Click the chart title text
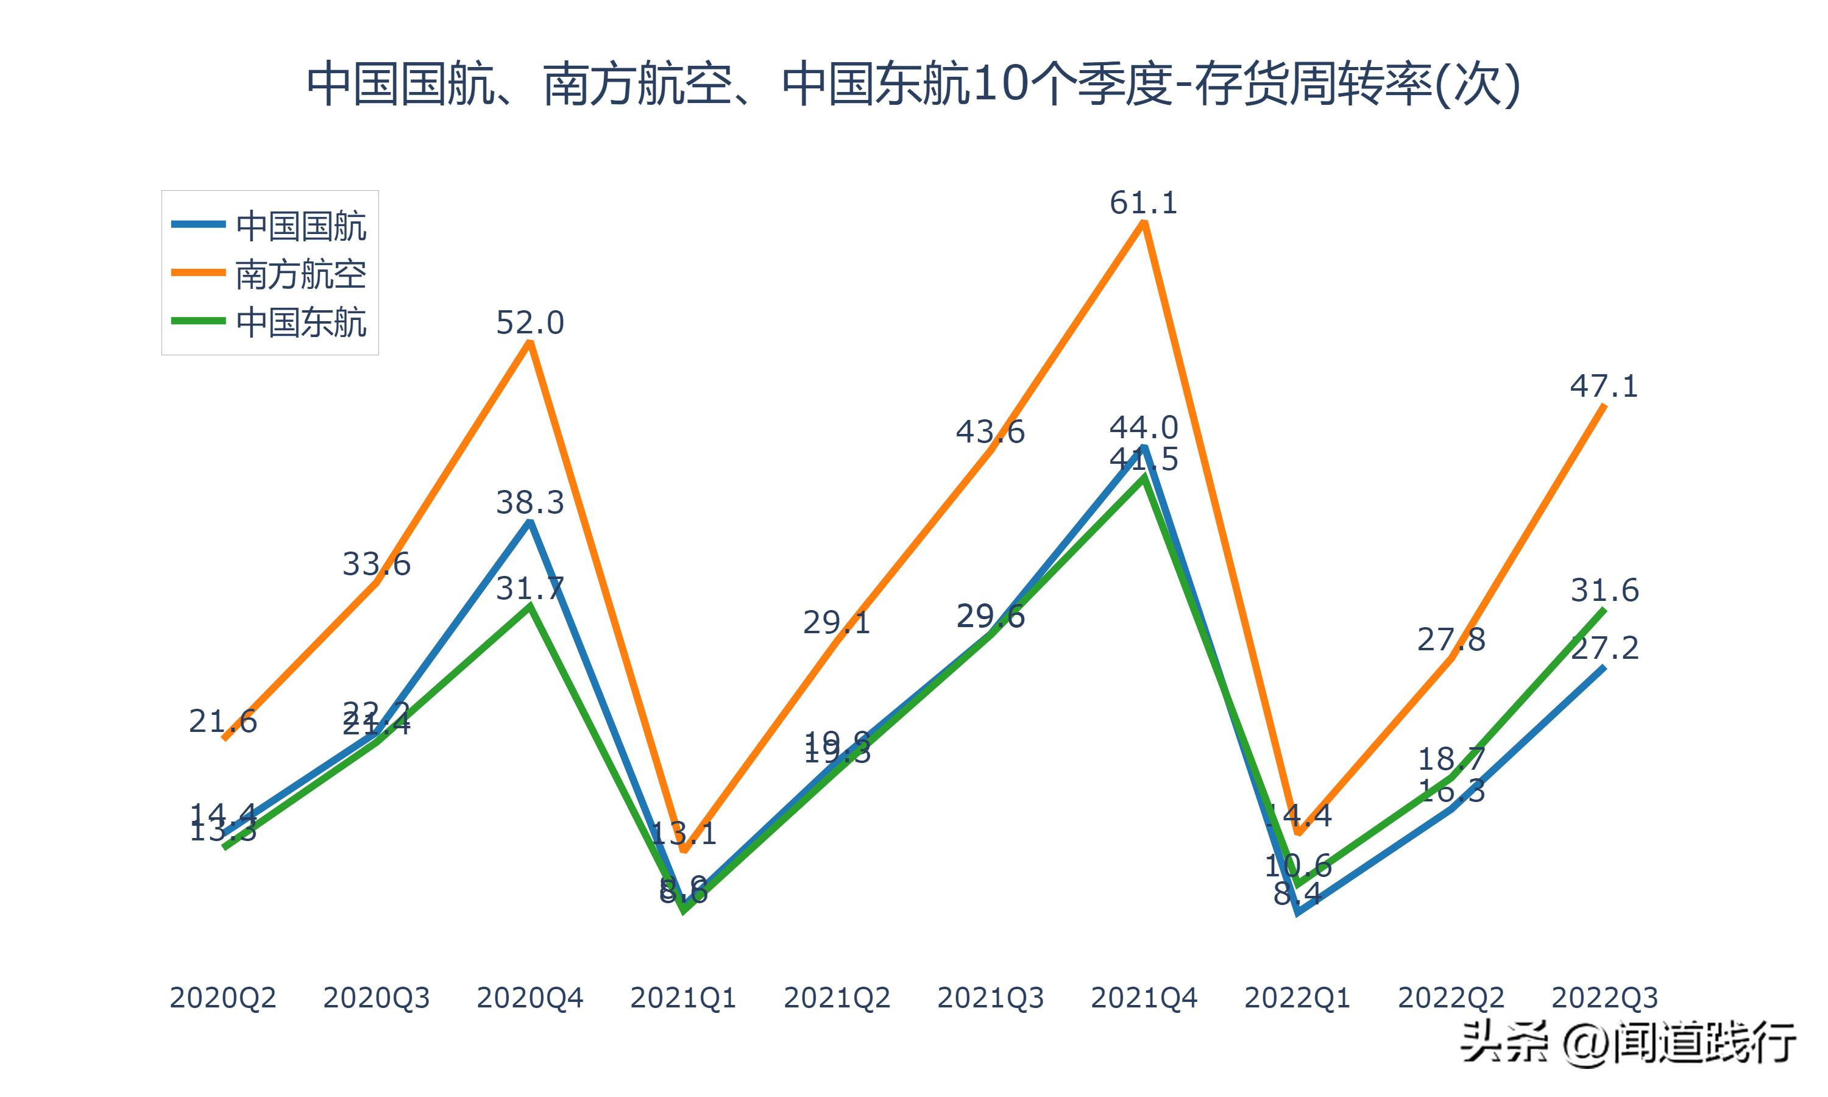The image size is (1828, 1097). click(x=913, y=85)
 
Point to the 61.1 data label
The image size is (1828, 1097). click(x=1143, y=202)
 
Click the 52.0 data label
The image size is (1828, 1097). click(x=530, y=323)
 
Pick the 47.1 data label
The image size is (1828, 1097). click(x=1604, y=386)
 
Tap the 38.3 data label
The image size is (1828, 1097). click(x=530, y=503)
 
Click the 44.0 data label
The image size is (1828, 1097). click(x=1143, y=427)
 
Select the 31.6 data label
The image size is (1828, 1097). click(x=1604, y=590)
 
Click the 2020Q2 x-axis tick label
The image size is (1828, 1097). click(x=222, y=998)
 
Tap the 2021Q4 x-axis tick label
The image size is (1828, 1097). click(x=1143, y=998)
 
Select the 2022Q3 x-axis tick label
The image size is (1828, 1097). click(x=1604, y=998)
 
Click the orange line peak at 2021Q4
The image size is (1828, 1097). click(x=1144, y=222)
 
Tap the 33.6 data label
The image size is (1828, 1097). click(x=376, y=564)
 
